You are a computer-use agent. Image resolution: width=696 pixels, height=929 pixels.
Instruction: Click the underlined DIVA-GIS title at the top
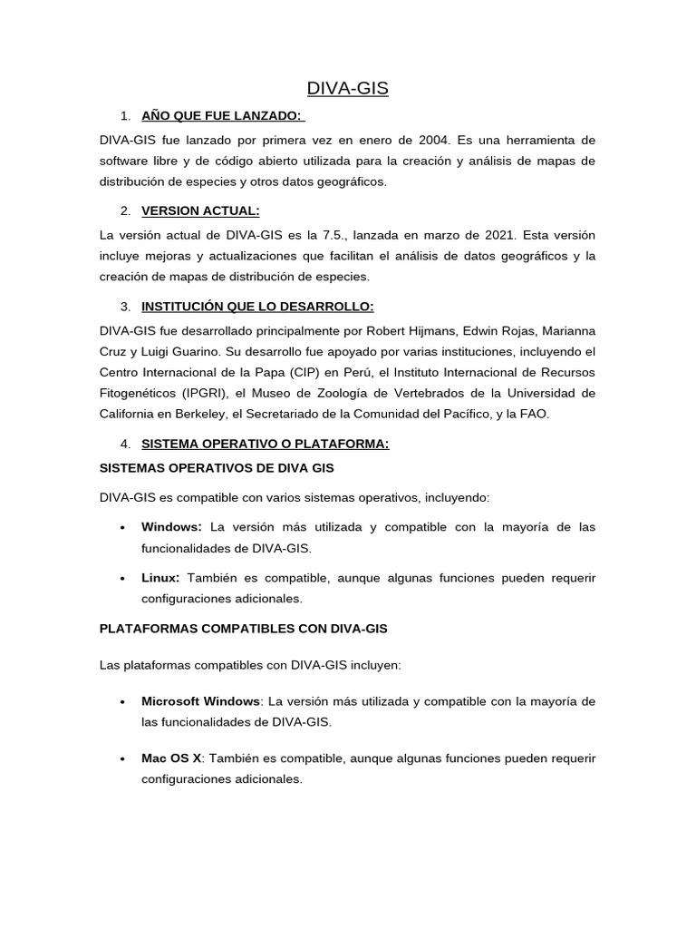click(348, 88)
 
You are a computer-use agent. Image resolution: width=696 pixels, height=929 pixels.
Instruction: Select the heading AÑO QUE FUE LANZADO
click(223, 116)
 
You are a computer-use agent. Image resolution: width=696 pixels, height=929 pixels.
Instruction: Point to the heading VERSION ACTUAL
click(200, 211)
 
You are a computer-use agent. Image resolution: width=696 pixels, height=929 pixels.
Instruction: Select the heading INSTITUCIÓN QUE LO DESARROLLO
click(257, 307)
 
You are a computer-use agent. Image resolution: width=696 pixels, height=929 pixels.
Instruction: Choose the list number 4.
click(125, 444)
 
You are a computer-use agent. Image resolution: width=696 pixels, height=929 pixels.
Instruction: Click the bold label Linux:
click(160, 578)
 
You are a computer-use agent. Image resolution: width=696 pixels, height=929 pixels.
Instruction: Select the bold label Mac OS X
click(170, 758)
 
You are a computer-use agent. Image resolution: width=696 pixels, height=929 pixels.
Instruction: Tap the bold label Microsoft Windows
click(200, 701)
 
